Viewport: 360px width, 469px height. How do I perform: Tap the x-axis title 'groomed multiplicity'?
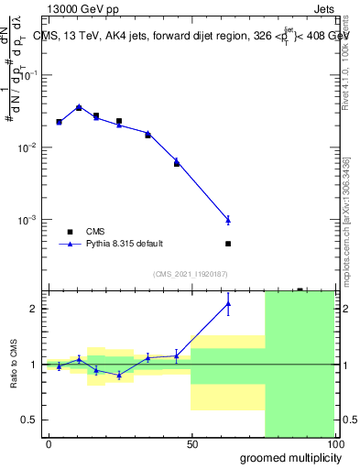(288, 457)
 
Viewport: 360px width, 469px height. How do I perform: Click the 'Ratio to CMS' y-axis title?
(16, 364)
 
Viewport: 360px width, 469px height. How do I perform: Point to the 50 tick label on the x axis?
(191, 444)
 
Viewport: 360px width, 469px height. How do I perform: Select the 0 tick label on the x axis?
(49, 444)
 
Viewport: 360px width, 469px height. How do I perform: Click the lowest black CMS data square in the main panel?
(228, 244)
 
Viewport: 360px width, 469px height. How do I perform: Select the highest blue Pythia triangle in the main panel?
(79, 107)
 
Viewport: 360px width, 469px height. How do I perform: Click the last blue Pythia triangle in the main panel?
(228, 220)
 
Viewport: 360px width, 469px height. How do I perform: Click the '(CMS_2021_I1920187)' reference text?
(190, 274)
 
